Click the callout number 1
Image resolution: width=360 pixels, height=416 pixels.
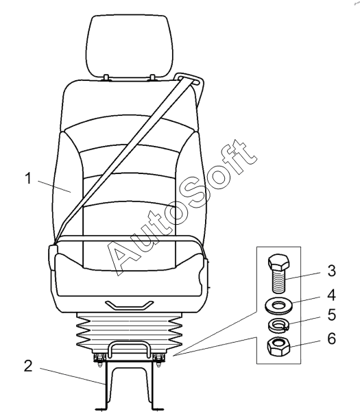click(x=28, y=178)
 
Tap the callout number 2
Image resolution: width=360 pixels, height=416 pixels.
click(x=28, y=366)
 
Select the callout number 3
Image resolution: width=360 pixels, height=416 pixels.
click(x=332, y=271)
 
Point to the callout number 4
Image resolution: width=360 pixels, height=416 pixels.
click(x=332, y=295)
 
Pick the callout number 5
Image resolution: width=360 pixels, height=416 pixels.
click(x=332, y=315)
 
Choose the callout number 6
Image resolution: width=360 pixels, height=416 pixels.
click(x=332, y=339)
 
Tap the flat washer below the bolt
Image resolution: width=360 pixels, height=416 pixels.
click(x=278, y=307)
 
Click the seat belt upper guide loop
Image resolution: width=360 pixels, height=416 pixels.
click(x=190, y=80)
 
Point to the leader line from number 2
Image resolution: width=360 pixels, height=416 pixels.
click(x=72, y=376)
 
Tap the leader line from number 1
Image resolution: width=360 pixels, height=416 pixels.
click(x=55, y=186)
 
